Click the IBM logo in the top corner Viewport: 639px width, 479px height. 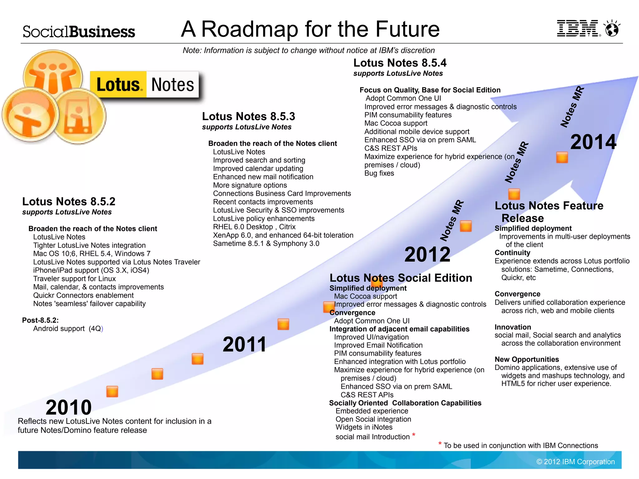click(x=578, y=28)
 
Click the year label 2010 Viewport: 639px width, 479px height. click(x=69, y=407)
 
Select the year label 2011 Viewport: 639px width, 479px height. click(x=245, y=344)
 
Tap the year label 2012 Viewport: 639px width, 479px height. click(x=427, y=254)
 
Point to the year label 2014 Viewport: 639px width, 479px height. click(x=593, y=142)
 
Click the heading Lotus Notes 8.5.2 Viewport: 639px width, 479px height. click(x=69, y=202)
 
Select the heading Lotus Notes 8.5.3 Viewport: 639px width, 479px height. click(x=248, y=116)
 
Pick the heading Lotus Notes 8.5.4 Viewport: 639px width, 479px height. click(x=400, y=63)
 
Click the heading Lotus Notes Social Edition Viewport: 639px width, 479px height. click(x=401, y=278)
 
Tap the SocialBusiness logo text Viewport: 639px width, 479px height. click(x=79, y=32)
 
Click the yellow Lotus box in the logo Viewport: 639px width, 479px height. click(x=118, y=85)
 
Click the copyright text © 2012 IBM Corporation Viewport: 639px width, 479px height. click(x=575, y=462)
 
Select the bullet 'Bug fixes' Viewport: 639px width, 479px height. click(x=379, y=173)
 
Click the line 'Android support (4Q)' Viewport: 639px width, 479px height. click(x=68, y=329)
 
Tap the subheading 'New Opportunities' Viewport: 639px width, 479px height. click(x=527, y=359)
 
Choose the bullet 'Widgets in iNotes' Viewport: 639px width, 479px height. click(x=364, y=427)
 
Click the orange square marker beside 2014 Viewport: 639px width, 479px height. click(x=562, y=158)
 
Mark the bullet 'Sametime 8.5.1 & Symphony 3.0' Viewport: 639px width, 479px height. click(x=266, y=243)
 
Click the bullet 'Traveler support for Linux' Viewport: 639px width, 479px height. click(x=74, y=279)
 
